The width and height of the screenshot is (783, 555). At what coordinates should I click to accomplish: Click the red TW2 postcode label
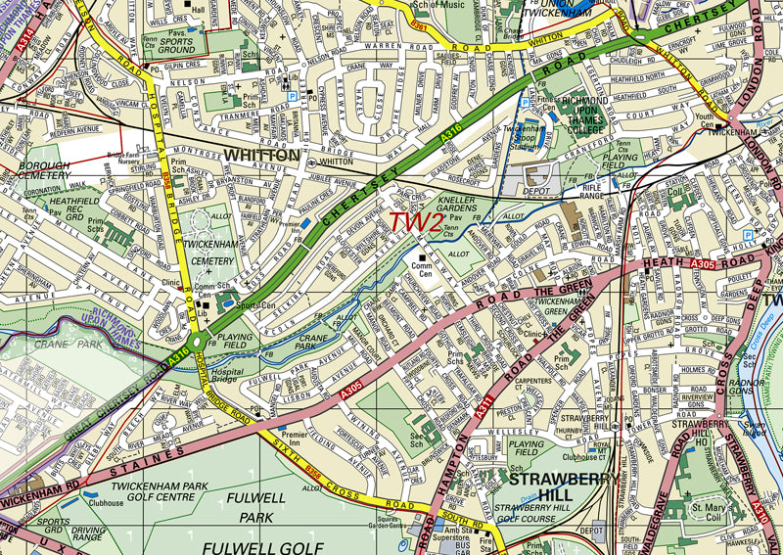(x=415, y=223)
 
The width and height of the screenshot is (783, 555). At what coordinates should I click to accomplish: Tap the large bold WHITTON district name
(x=261, y=156)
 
